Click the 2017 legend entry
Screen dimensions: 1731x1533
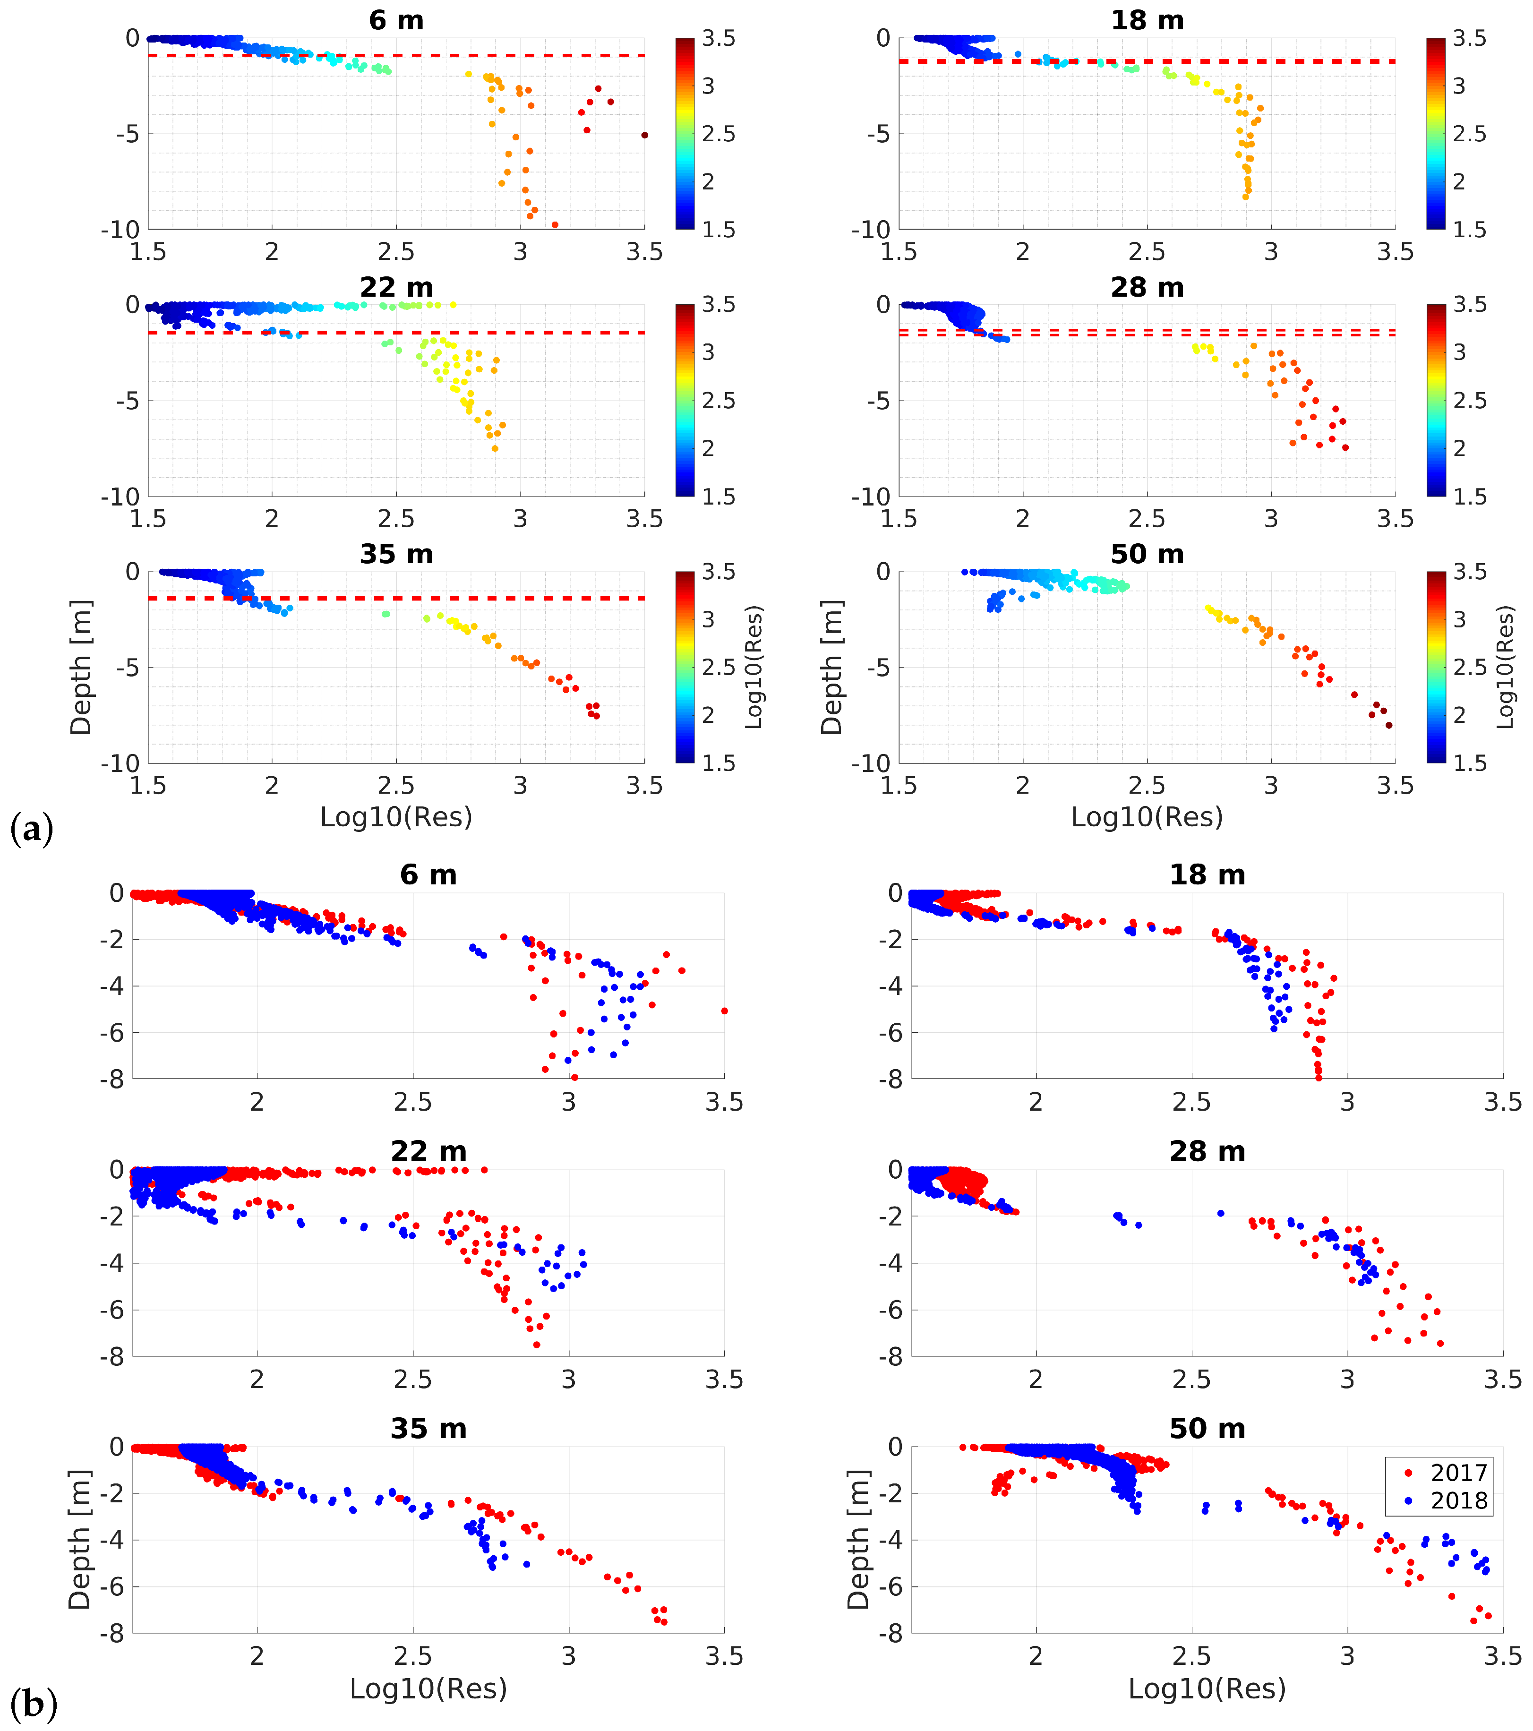pyautogui.click(x=1457, y=1474)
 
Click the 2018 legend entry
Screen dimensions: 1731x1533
pyautogui.click(x=1457, y=1500)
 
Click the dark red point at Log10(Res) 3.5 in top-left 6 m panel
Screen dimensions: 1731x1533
pyautogui.click(x=644, y=135)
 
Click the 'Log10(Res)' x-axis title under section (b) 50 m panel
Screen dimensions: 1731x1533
pyautogui.click(x=1207, y=1688)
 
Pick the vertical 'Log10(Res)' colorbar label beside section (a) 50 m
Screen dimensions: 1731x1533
pyautogui.click(x=1505, y=668)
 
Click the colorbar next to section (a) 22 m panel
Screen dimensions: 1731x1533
pyautogui.click(x=685, y=400)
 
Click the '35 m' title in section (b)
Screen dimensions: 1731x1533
pyautogui.click(x=428, y=1429)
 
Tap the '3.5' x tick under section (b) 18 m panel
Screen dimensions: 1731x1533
pyautogui.click(x=1502, y=1102)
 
